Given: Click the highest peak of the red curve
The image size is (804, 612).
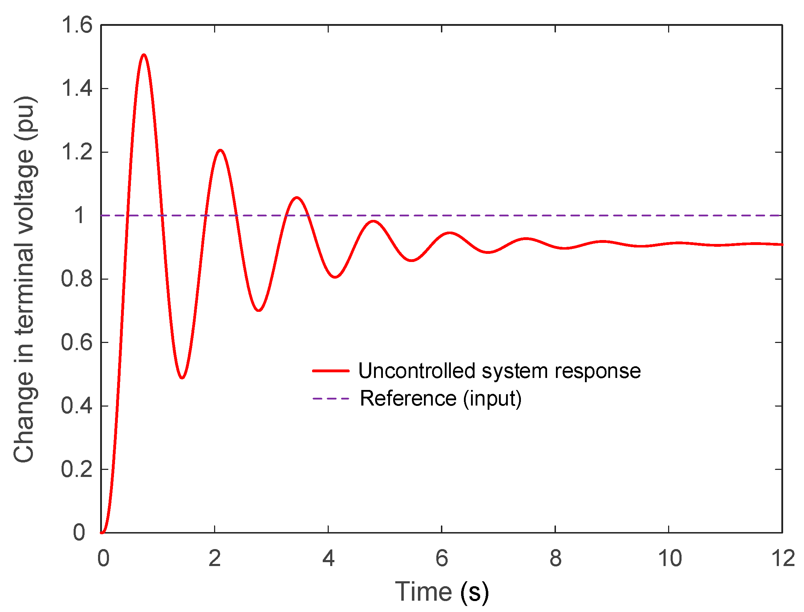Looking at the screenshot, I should [144, 56].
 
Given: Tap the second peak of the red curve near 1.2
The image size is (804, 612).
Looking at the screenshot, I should [220, 150].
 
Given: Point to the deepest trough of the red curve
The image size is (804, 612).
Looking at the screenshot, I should [182, 378].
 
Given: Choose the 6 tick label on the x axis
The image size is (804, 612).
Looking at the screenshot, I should [442, 559].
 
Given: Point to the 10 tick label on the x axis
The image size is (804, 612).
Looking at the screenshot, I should [670, 559].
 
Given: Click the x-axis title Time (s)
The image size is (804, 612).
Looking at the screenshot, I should [442, 592].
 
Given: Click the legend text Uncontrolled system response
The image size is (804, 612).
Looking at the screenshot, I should [499, 371].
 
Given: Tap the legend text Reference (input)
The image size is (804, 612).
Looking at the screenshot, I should [441, 398].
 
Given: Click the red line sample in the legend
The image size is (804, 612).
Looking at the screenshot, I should [331, 371].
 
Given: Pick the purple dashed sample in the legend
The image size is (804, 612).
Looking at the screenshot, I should [331, 398].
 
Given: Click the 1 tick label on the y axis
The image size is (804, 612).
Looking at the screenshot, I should [80, 216].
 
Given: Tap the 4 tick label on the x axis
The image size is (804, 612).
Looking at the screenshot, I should [328, 559].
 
